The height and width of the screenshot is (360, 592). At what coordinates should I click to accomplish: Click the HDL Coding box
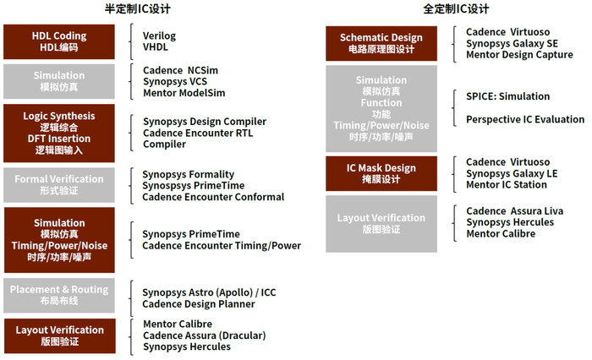[59, 42]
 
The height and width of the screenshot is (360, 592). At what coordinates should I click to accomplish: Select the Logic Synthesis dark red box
[59, 134]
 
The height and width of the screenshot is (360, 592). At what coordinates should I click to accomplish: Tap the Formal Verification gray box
[59, 185]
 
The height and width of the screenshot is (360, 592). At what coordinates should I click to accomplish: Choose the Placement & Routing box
[59, 296]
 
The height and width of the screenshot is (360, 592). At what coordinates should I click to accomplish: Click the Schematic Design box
[381, 43]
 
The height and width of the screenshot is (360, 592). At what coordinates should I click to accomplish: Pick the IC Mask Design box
[381, 173]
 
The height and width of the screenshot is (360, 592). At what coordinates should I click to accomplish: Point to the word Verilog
[159, 36]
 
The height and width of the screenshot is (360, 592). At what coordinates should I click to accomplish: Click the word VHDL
[156, 47]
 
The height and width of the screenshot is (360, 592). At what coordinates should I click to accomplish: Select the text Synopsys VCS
[175, 82]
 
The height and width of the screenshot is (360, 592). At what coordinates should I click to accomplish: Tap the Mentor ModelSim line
[184, 93]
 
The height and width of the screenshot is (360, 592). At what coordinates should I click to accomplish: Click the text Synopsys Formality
[188, 175]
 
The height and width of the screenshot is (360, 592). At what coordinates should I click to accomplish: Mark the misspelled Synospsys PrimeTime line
[194, 186]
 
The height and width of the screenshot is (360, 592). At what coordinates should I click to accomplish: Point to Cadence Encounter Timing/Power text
[222, 246]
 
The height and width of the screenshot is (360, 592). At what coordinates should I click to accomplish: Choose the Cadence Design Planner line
[199, 304]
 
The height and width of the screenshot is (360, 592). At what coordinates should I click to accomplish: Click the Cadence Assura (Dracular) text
[205, 335]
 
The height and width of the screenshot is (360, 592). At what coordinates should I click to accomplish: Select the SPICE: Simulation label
[507, 96]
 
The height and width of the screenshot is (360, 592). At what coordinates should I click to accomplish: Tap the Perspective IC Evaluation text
[525, 120]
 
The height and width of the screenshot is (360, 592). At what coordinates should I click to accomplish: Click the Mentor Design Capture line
[519, 55]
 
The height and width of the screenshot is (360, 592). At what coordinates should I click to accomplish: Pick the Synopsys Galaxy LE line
[512, 173]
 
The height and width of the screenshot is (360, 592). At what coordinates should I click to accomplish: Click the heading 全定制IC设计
[456, 8]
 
